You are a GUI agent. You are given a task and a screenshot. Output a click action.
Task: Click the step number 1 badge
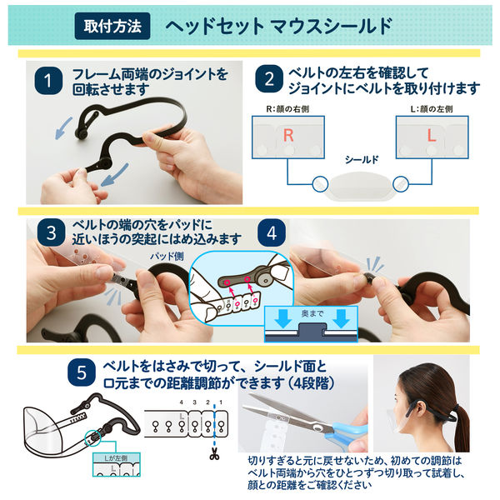point(48,81)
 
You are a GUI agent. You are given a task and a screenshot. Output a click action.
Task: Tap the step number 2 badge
point(268,81)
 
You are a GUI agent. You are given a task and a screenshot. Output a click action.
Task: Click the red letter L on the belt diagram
point(432,135)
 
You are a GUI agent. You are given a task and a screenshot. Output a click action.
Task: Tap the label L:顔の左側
point(432,109)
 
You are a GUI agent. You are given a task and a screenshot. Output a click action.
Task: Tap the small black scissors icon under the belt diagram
point(214,456)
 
